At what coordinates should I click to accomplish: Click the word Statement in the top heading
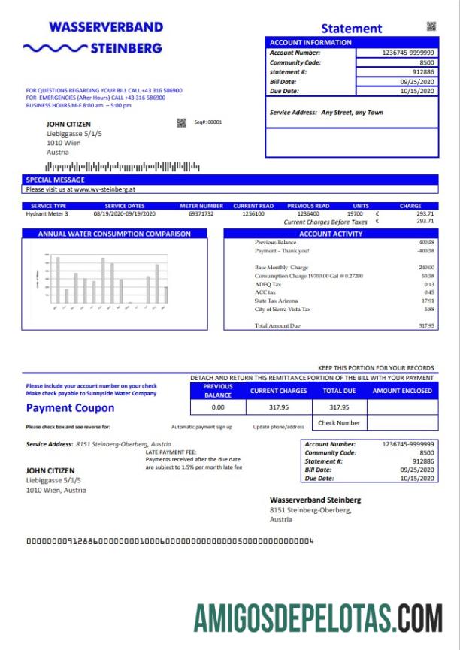tap(351, 29)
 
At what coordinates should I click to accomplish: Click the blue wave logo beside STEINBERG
tap(55, 49)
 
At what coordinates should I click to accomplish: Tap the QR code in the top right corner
tap(431, 26)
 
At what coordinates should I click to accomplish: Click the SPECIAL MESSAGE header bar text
tap(56, 180)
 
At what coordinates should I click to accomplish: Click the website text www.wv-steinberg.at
tap(104, 189)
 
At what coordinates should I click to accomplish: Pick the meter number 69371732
tap(201, 213)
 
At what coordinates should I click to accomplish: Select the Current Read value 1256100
tap(253, 213)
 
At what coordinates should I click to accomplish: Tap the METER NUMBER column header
tap(201, 205)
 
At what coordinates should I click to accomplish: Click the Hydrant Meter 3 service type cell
tap(47, 213)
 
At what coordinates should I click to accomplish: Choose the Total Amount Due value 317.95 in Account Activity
tap(426, 325)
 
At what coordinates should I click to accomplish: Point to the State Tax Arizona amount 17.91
tap(428, 301)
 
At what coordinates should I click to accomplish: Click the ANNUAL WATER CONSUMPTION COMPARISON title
tap(114, 234)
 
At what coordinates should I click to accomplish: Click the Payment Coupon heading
tap(70, 408)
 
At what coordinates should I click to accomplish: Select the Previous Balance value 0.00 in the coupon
tap(218, 407)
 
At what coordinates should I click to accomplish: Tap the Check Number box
tap(339, 423)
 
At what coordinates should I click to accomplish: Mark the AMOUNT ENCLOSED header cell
tap(402, 391)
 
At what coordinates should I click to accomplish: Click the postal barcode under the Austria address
tap(123, 166)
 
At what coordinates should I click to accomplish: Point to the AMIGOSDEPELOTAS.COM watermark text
tap(318, 618)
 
